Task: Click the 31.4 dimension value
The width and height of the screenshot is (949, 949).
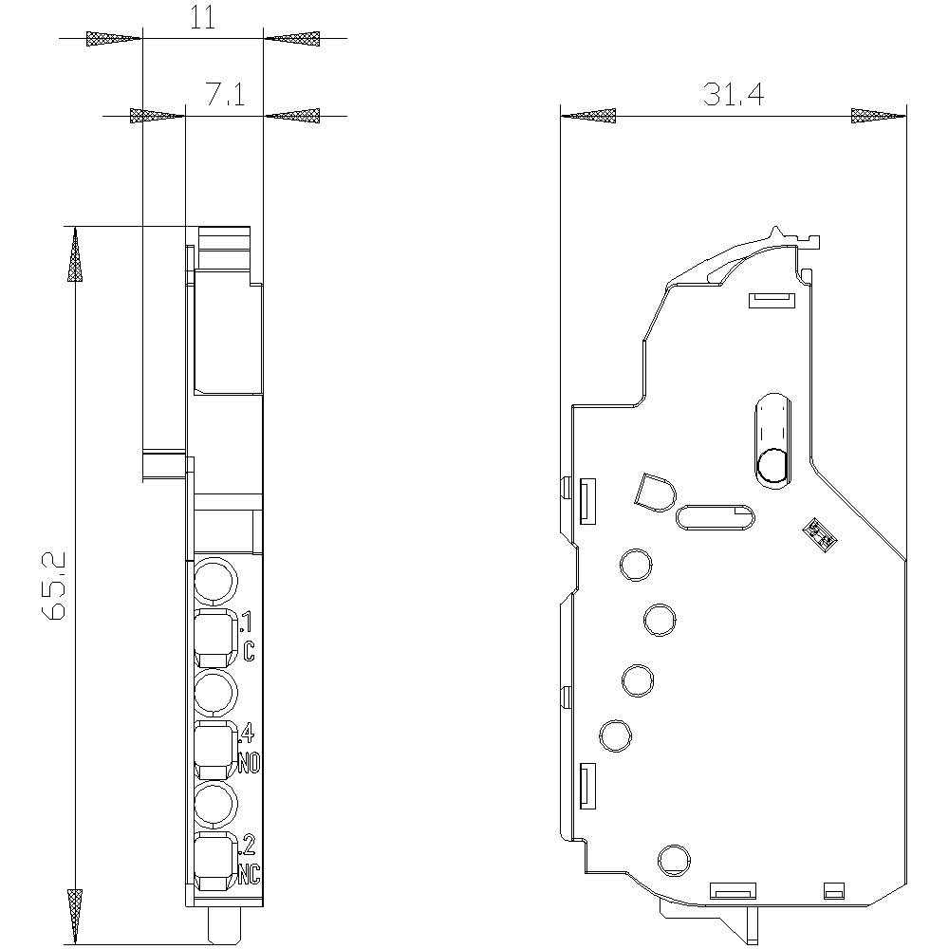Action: (734, 95)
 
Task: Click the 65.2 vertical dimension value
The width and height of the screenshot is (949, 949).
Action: (53, 586)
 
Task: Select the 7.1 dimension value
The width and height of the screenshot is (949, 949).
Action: (226, 94)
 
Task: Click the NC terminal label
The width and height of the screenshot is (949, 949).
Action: (250, 874)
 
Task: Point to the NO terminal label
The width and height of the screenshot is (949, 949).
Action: (250, 762)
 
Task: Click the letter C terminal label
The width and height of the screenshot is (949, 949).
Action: (249, 651)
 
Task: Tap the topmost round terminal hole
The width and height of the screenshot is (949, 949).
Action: (214, 581)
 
